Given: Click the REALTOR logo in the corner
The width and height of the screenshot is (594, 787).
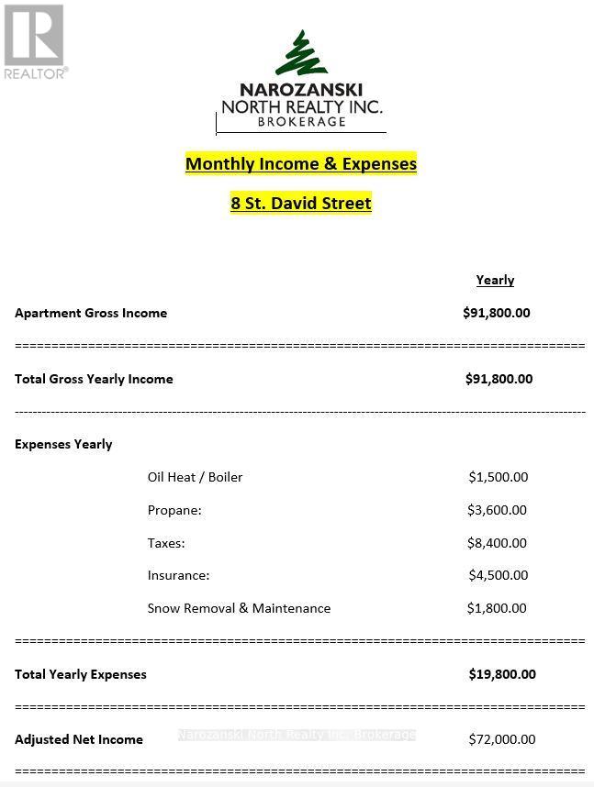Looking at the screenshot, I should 34,41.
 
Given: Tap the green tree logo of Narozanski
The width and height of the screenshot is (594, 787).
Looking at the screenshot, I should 300,54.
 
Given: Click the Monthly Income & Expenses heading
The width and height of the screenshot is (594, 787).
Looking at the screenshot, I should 301,164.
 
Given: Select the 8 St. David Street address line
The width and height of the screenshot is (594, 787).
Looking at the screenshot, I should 301,204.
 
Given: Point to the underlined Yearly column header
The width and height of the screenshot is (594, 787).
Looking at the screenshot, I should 495,281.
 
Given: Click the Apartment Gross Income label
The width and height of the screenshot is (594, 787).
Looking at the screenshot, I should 91,313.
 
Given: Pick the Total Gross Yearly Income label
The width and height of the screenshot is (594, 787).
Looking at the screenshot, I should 94,379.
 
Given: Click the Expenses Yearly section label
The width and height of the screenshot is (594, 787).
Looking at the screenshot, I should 63,444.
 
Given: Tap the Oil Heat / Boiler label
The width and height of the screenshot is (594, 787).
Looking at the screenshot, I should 195,477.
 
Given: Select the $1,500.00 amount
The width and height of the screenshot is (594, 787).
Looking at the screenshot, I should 498,477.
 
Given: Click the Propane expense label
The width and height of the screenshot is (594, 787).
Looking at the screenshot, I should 174,510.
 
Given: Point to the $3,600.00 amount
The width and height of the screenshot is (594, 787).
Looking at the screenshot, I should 497,510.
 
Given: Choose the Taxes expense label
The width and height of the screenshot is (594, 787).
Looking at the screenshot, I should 166,543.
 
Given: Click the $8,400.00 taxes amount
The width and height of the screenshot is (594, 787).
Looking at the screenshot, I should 497,543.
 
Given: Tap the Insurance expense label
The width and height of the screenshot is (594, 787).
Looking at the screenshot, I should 178,575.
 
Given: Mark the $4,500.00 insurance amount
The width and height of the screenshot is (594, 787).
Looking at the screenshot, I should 498,575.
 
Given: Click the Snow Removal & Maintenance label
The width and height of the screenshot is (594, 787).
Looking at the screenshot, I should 239,608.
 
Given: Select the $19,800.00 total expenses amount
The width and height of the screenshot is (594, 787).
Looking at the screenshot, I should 502,674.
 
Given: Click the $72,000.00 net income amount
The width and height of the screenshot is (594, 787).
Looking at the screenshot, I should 502,739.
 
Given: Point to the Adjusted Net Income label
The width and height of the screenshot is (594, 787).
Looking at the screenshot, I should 79,739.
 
